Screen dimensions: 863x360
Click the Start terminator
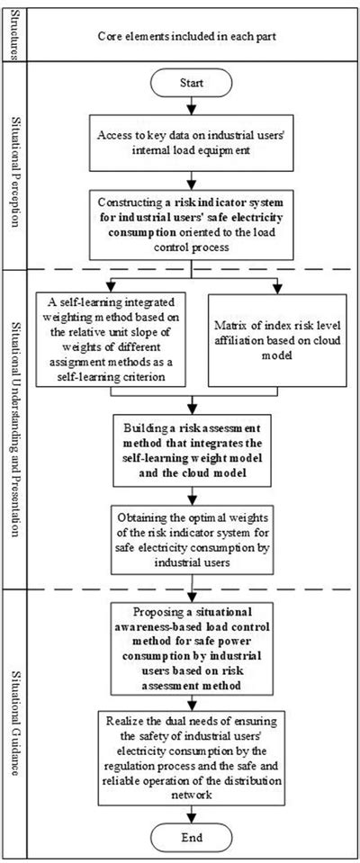tap(188, 82)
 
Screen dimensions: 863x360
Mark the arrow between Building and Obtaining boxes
tap(188, 491)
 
